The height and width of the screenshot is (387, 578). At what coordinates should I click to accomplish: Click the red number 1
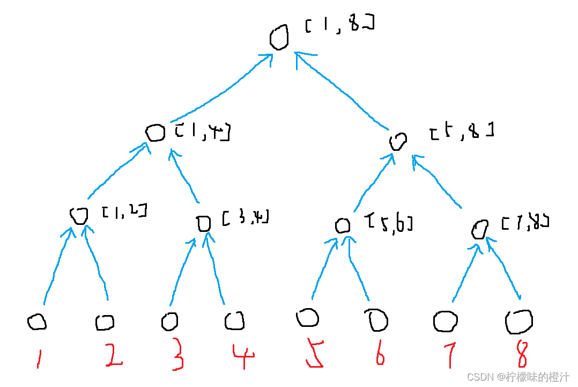[38, 358]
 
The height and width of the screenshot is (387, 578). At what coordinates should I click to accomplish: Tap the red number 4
[243, 355]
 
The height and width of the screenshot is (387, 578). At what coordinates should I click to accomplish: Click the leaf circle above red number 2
[105, 323]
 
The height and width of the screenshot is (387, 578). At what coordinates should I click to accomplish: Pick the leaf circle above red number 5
[307, 318]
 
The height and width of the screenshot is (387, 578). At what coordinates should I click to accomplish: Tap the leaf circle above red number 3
[169, 322]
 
